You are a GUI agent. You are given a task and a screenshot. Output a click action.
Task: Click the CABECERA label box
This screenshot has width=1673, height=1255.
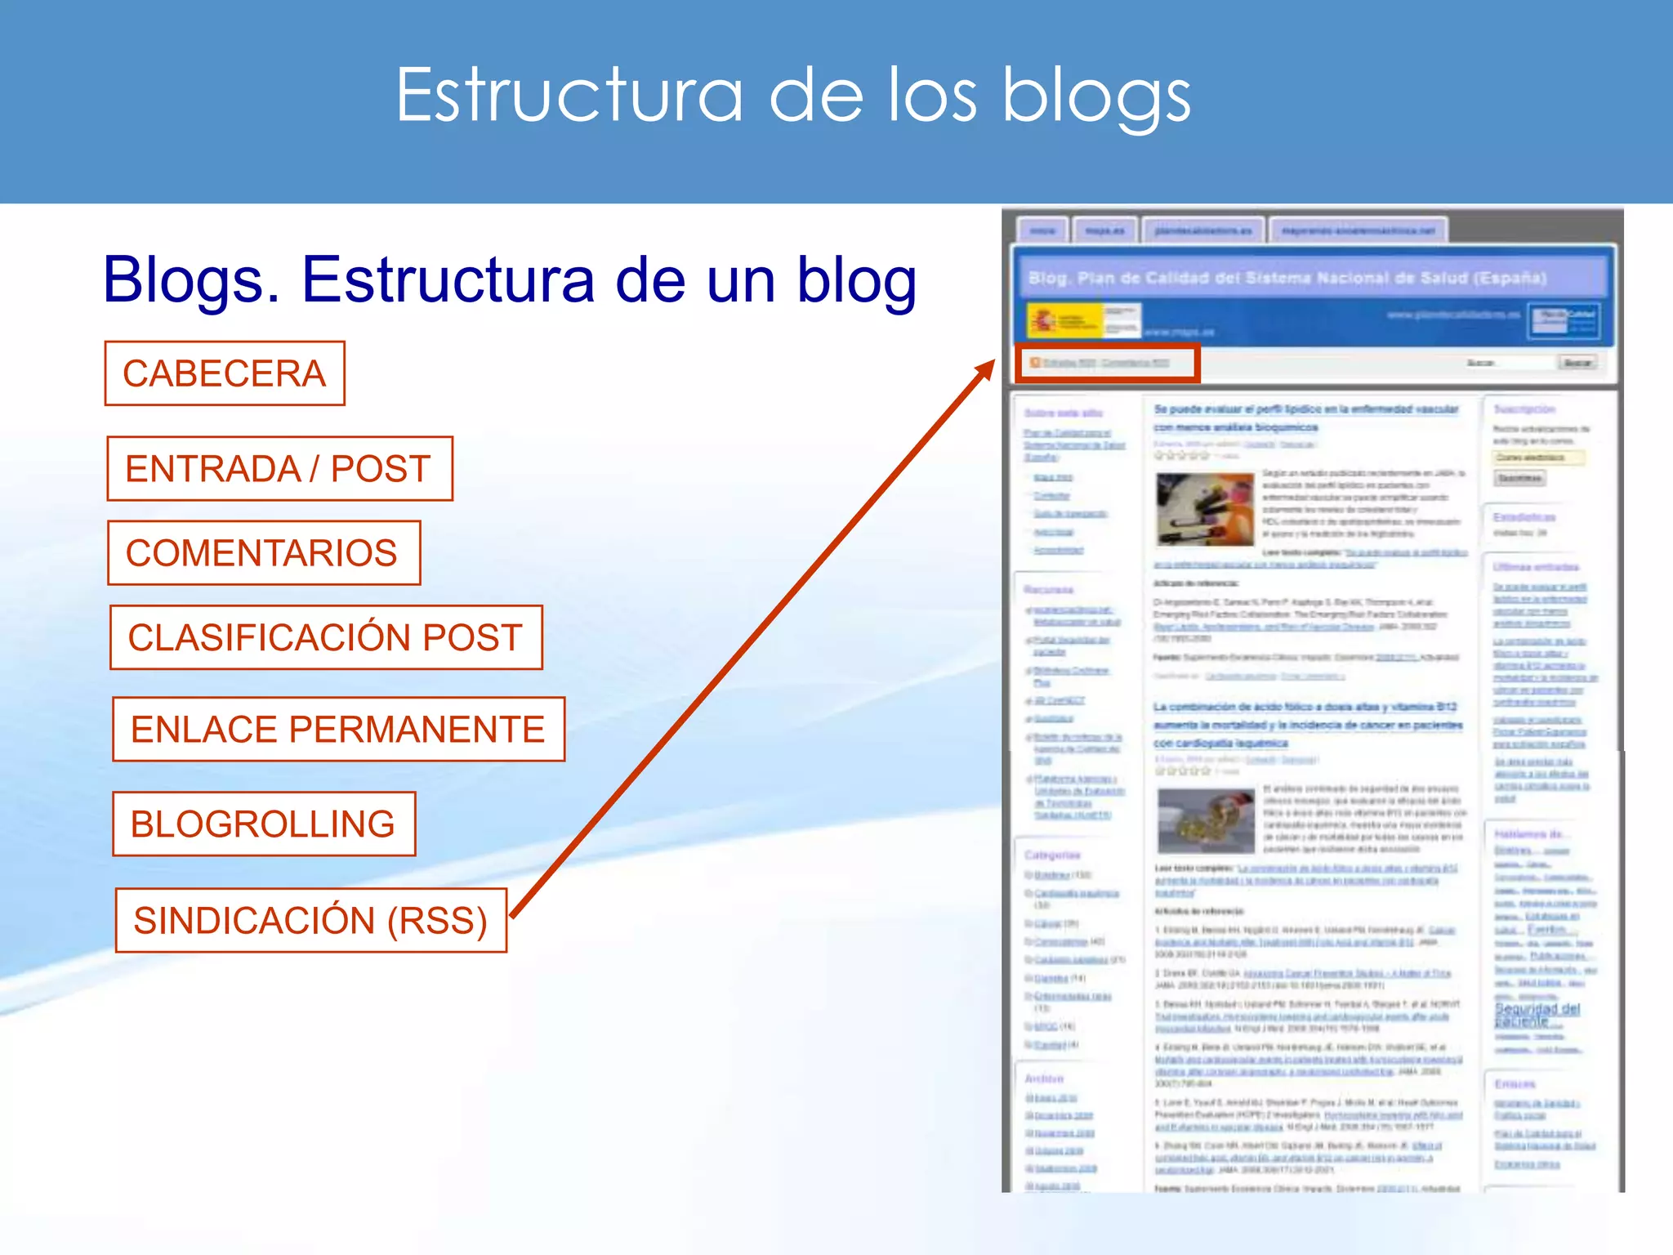225,373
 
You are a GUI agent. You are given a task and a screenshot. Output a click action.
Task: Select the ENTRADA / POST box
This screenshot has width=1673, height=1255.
279,469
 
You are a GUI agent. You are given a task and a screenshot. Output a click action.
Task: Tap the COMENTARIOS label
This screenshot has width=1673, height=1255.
263,553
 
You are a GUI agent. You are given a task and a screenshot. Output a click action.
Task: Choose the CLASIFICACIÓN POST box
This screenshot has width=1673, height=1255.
326,637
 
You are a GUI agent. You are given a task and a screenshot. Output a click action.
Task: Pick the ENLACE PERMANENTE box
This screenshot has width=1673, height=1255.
338,730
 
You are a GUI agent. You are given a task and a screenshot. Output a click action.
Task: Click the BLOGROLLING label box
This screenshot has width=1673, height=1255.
263,824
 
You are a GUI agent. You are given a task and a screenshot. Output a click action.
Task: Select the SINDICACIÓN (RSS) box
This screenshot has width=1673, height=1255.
310,920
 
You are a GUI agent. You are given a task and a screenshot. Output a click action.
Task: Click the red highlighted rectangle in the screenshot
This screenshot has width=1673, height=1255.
1107,363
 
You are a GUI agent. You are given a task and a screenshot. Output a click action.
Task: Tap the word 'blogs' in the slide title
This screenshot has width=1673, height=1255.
1096,96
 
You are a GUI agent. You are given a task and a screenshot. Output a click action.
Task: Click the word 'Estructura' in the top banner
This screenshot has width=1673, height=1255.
569,96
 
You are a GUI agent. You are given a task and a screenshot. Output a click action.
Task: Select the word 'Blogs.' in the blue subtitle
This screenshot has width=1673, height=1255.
192,280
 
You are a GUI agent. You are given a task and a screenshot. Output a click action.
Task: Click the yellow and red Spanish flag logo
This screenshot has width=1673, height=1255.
1055,321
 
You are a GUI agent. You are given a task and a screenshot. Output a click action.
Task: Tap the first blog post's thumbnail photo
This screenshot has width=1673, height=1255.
1205,508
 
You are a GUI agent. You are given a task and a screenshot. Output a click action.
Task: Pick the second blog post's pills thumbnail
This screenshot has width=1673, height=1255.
1206,820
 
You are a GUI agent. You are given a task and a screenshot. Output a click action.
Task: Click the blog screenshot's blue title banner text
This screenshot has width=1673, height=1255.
1287,278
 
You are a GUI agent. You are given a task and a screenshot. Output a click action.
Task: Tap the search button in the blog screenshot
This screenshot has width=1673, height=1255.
1577,362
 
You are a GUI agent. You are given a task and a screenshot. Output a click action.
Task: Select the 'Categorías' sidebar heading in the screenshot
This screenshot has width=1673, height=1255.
1052,855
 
